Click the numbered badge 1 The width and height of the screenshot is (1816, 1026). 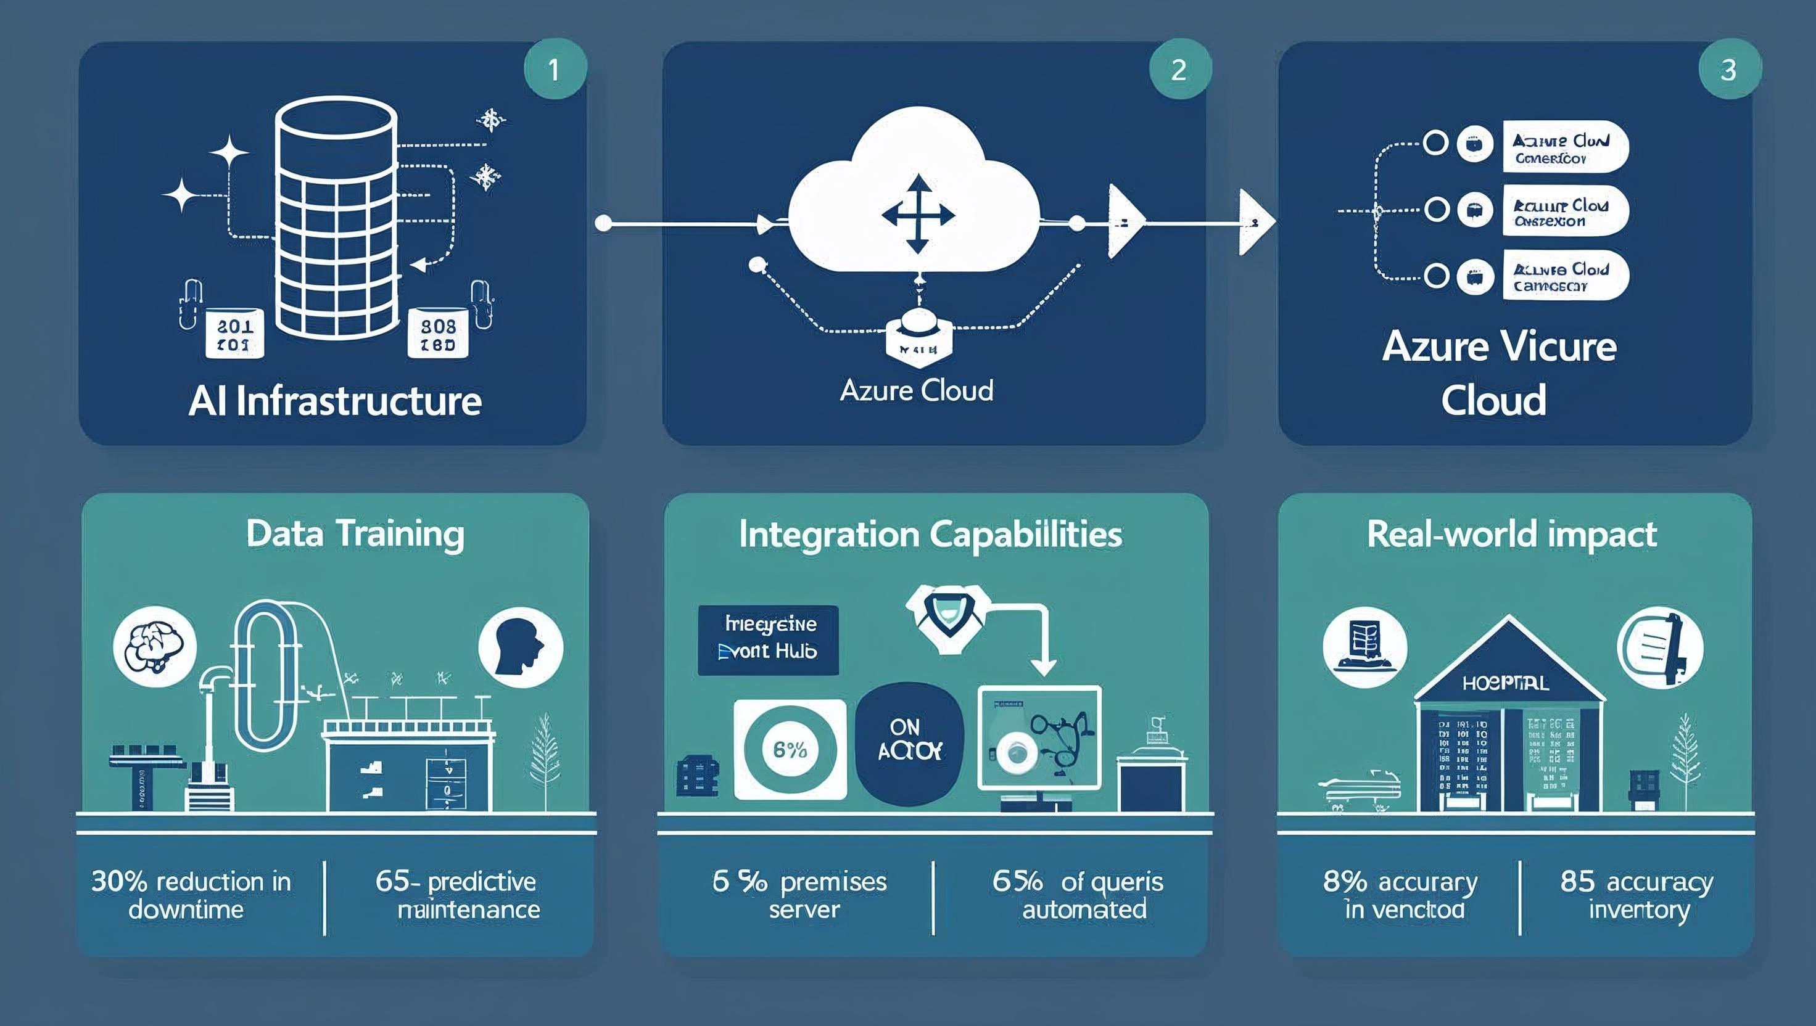point(555,69)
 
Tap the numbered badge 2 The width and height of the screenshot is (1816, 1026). point(1179,69)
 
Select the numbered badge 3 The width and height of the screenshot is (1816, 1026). point(1728,69)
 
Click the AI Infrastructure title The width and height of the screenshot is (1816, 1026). point(335,401)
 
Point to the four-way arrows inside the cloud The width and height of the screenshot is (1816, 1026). point(918,214)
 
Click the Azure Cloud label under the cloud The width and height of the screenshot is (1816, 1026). point(917,390)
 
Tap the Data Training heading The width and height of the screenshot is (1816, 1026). point(355,533)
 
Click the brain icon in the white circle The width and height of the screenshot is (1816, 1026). point(154,647)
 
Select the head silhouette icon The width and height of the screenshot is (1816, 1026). point(520,647)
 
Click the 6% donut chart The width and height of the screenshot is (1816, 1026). point(790,749)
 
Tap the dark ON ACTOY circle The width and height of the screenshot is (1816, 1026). point(909,742)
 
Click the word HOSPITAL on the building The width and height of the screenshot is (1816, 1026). point(1505,683)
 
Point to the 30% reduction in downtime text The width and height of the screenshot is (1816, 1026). point(191,895)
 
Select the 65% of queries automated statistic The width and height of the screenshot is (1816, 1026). point(1078,895)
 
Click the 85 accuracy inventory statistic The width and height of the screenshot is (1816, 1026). point(1636,895)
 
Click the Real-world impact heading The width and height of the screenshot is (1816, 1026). point(1511,533)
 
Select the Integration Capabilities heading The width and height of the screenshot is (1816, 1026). point(931,533)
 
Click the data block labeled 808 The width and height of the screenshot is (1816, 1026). point(438,334)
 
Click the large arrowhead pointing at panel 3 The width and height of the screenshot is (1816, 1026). point(1257,222)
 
